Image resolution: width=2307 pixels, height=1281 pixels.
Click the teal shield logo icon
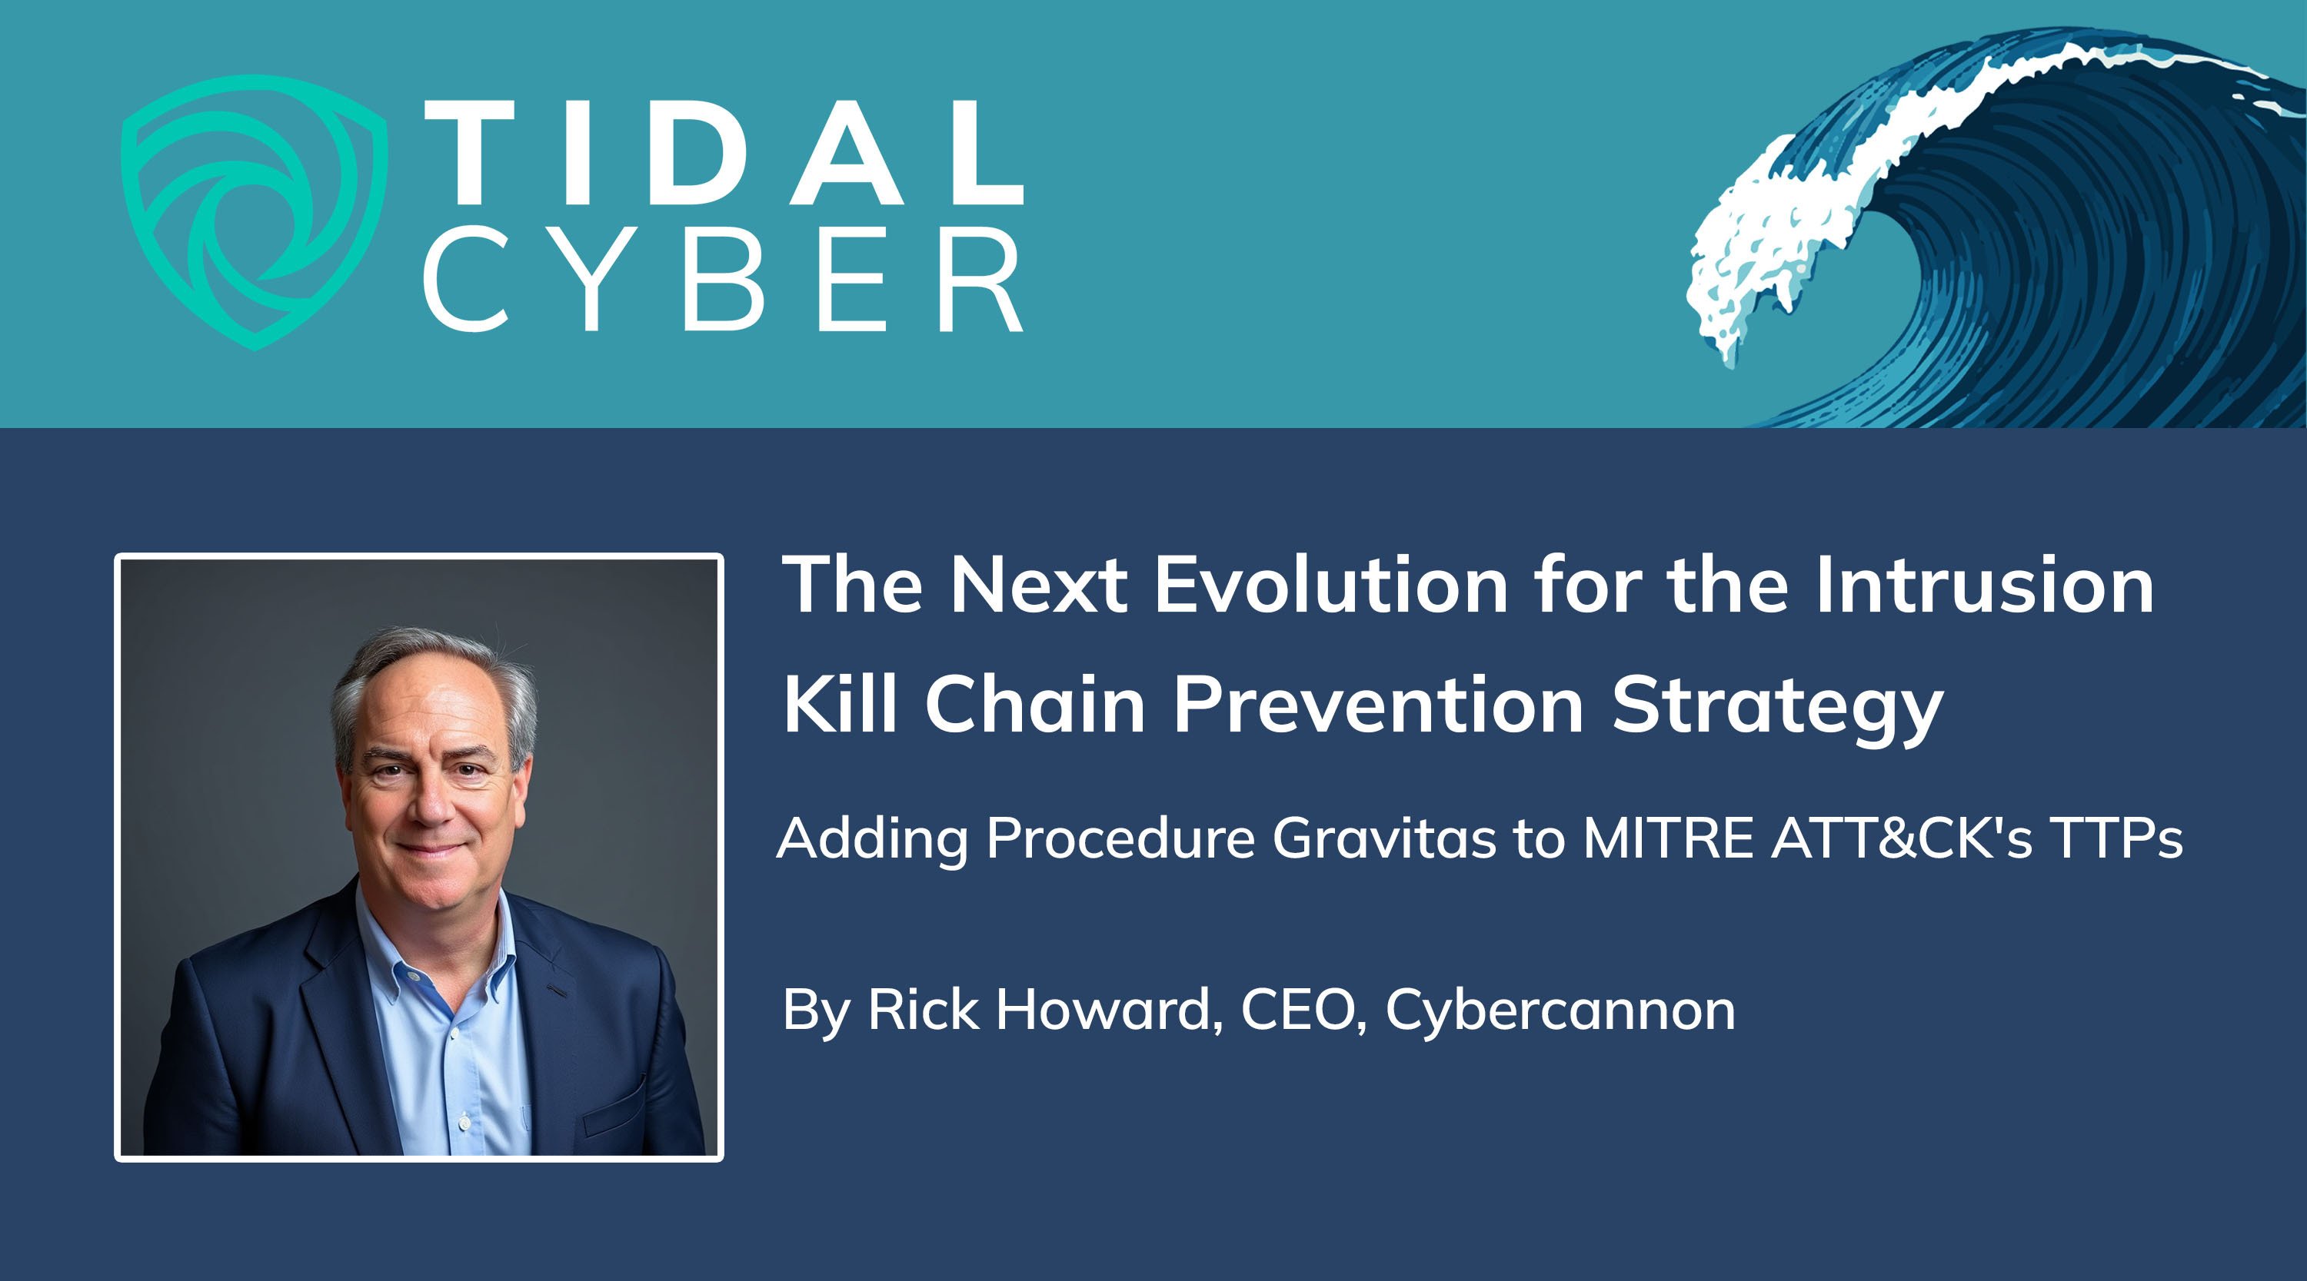click(254, 212)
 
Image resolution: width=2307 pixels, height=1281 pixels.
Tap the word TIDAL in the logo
click(724, 152)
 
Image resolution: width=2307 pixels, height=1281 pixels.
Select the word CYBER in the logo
click(724, 278)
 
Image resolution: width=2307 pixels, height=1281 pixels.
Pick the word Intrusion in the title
click(1985, 585)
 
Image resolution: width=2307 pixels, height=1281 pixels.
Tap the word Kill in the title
click(840, 704)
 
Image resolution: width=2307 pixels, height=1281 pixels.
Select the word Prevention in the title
click(1379, 704)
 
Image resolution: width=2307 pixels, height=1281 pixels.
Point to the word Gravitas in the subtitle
click(1384, 839)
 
